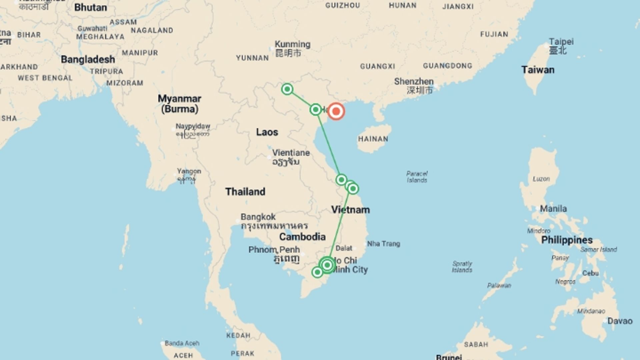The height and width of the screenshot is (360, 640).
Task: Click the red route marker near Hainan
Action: [336, 111]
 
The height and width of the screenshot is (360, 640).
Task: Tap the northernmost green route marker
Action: [287, 89]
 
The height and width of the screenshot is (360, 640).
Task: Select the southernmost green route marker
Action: [317, 272]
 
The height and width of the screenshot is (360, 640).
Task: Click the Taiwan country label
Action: [538, 70]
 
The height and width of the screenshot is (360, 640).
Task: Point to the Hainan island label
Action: [373, 139]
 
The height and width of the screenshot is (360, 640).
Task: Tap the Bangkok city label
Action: [258, 217]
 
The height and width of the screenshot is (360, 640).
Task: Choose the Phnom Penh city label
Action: [274, 250]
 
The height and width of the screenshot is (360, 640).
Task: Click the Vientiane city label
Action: [291, 153]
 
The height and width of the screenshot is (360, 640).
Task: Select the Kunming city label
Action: [292, 44]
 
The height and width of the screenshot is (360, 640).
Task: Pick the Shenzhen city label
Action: [414, 81]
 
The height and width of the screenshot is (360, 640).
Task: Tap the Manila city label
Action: [553, 209]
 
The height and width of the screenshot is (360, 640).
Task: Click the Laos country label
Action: [267, 132]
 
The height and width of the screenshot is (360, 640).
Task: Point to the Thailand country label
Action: [245, 191]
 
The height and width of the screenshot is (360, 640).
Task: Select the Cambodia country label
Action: [302, 237]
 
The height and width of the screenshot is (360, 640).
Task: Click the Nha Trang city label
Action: [383, 244]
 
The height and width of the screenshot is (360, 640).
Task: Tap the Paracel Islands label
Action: [417, 177]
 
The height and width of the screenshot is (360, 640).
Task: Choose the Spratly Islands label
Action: [462, 267]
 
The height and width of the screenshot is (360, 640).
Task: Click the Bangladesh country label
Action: [88, 59]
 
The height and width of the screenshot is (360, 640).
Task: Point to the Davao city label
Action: [619, 321]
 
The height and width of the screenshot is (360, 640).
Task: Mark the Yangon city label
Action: [189, 171]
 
